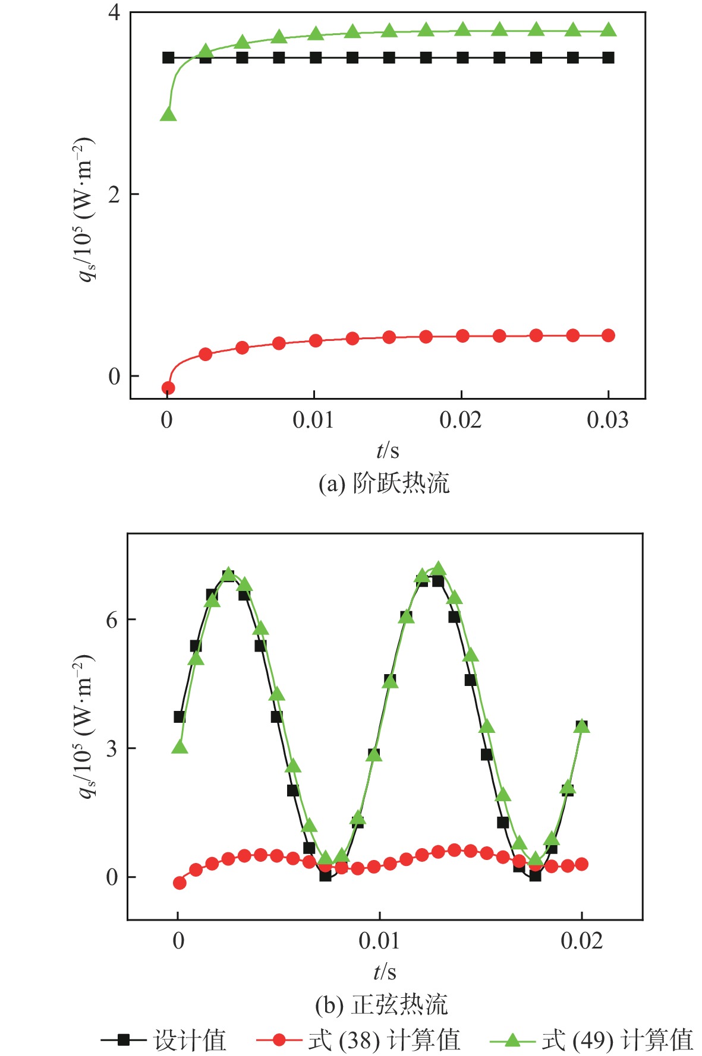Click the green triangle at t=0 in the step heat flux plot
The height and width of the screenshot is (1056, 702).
click(168, 114)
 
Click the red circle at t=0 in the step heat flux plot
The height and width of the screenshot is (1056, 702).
click(168, 388)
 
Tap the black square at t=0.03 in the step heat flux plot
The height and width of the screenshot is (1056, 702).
click(608, 58)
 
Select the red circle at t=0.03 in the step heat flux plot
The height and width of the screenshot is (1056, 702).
click(608, 336)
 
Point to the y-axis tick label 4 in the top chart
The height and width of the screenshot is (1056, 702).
click(114, 12)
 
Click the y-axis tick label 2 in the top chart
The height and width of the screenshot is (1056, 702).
click(114, 194)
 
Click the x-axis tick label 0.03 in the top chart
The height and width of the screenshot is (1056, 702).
click(607, 420)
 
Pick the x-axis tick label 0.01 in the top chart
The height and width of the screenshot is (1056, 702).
click(313, 420)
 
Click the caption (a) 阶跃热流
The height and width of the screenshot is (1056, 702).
click(384, 483)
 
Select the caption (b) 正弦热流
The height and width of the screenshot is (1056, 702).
click(381, 1004)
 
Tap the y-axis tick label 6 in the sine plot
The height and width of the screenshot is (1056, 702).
click(112, 620)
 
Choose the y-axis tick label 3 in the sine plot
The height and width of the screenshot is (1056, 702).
click(112, 748)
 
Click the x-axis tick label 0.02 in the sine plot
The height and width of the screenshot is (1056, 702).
click(581, 941)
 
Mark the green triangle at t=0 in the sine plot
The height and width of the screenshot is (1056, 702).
click(180, 747)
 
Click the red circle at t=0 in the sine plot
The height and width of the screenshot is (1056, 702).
click(180, 883)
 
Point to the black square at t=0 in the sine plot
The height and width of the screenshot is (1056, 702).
click(180, 717)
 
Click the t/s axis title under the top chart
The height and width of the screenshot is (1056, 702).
click(388, 451)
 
